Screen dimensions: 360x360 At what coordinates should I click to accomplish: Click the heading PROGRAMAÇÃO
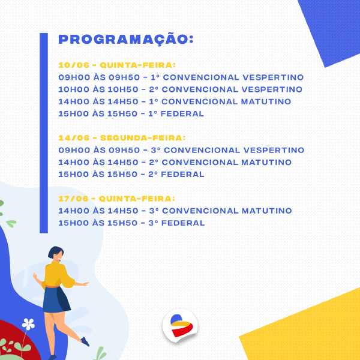click(126, 39)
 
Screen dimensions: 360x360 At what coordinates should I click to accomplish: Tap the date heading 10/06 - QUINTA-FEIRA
click(117, 65)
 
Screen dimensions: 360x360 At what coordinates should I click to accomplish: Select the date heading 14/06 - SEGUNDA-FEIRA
click(122, 138)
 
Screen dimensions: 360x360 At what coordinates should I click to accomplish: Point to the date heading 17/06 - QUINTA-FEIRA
click(116, 199)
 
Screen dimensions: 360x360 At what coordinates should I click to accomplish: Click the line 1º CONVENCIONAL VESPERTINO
click(181, 77)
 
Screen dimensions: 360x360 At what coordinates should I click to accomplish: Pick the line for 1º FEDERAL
click(131, 113)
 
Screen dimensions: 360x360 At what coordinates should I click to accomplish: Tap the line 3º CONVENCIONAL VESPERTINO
click(181, 150)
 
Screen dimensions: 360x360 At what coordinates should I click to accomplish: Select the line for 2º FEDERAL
click(131, 174)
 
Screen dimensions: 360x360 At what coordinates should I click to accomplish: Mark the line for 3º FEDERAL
click(131, 223)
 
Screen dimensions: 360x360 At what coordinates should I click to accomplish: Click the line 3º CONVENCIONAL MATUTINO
click(175, 211)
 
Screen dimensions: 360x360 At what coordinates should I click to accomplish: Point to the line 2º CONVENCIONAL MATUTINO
click(175, 163)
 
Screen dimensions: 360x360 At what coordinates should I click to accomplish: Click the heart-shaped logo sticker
click(180, 325)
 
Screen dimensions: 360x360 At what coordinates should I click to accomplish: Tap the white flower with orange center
click(28, 324)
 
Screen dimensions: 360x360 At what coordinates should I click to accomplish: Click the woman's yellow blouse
click(58, 274)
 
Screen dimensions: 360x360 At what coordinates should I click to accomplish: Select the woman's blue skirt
click(56, 299)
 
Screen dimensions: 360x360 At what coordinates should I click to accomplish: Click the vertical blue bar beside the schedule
click(44, 133)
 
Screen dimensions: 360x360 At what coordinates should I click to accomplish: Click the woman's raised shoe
click(85, 341)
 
